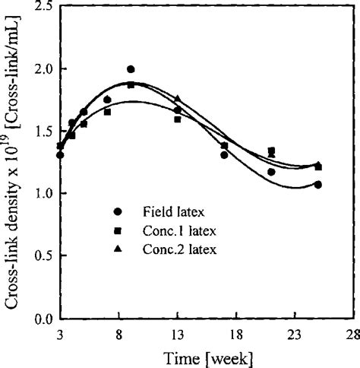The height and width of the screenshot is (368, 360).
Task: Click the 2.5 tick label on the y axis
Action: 43,7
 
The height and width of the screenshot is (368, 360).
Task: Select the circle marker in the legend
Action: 117,210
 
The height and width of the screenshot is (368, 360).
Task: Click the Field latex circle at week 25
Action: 317,185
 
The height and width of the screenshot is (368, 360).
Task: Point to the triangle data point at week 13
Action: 178,99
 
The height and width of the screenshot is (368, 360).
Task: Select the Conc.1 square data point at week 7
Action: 107,112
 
